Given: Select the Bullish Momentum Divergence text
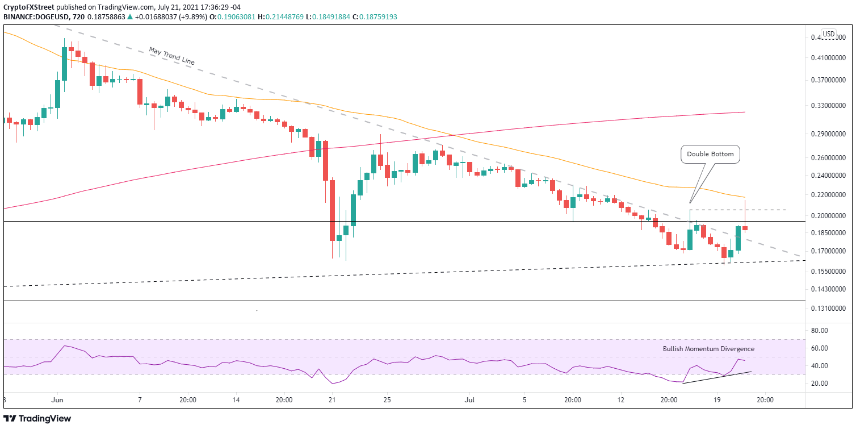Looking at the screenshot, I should coord(708,349).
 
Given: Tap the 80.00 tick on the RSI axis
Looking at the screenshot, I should coord(821,331).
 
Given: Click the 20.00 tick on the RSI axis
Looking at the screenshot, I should coord(821,384).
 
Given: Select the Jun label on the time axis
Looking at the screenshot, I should coord(57,399).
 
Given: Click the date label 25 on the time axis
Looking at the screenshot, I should coord(387,399).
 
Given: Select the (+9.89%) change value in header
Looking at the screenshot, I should coord(182,17).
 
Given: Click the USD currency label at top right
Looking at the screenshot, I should coord(829,34).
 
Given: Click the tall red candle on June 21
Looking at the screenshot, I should coord(331,210).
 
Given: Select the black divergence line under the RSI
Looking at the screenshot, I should coord(716,377).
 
